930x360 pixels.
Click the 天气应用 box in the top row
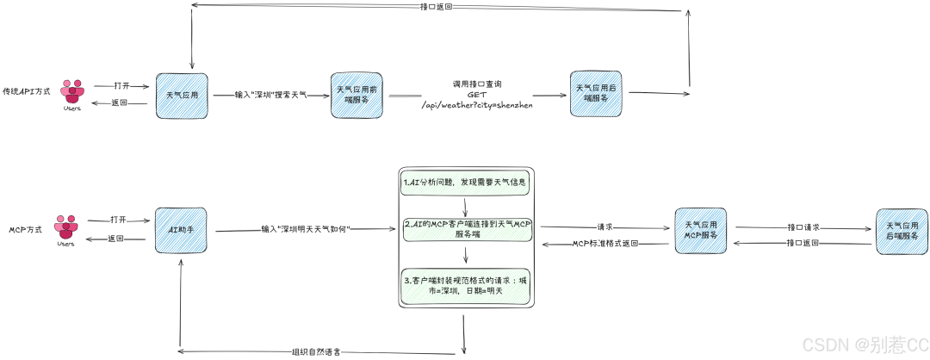pyautogui.click(x=182, y=95)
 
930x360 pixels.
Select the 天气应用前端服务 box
pyautogui.click(x=356, y=95)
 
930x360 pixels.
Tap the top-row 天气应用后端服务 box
pyautogui.click(x=595, y=94)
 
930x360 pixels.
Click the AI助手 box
pyautogui.click(x=181, y=230)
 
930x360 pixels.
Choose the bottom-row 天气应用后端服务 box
pyautogui.click(x=902, y=230)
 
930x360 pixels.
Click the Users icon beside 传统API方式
pyautogui.click(x=72, y=92)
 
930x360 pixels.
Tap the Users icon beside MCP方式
pyautogui.click(x=66, y=227)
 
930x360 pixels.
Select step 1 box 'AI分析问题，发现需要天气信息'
pyautogui.click(x=465, y=183)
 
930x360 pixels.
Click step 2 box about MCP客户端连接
pyautogui.click(x=465, y=228)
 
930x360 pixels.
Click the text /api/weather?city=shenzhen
pyautogui.click(x=477, y=104)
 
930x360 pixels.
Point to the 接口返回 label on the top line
pyautogui.click(x=437, y=7)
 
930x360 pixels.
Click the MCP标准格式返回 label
pyautogui.click(x=604, y=244)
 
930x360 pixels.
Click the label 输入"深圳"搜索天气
pyautogui.click(x=270, y=96)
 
